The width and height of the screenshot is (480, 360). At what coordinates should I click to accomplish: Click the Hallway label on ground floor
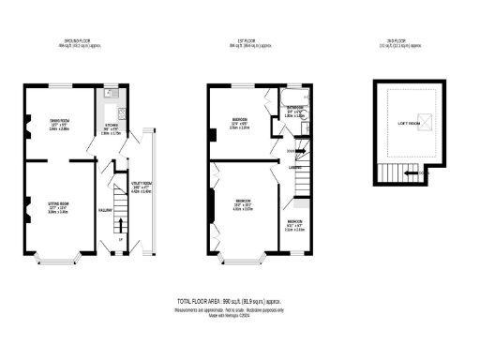click(x=107, y=209)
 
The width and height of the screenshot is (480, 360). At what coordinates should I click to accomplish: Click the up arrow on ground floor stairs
click(x=120, y=238)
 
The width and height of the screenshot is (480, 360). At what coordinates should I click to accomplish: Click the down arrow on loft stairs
click(x=421, y=172)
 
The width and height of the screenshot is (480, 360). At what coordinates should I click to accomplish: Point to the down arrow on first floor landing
click(x=291, y=150)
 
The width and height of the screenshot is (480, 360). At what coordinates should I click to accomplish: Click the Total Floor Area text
click(x=241, y=301)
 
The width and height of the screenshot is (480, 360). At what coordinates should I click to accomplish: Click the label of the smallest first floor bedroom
click(x=293, y=225)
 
